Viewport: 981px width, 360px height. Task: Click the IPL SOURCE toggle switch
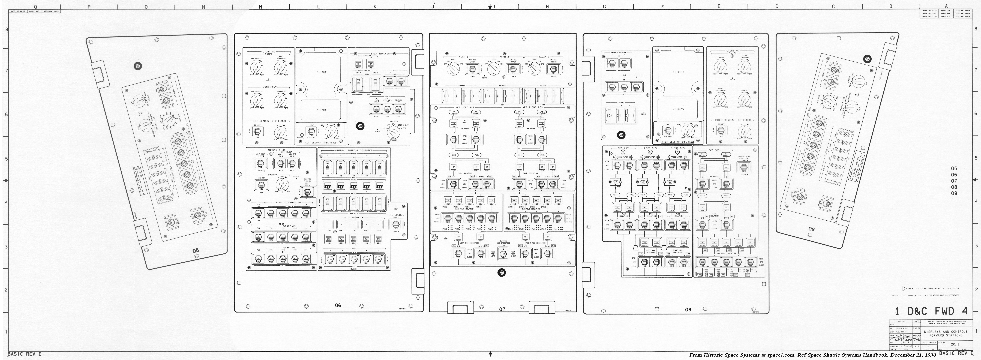point(396,225)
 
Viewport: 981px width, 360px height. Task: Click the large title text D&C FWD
point(931,311)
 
